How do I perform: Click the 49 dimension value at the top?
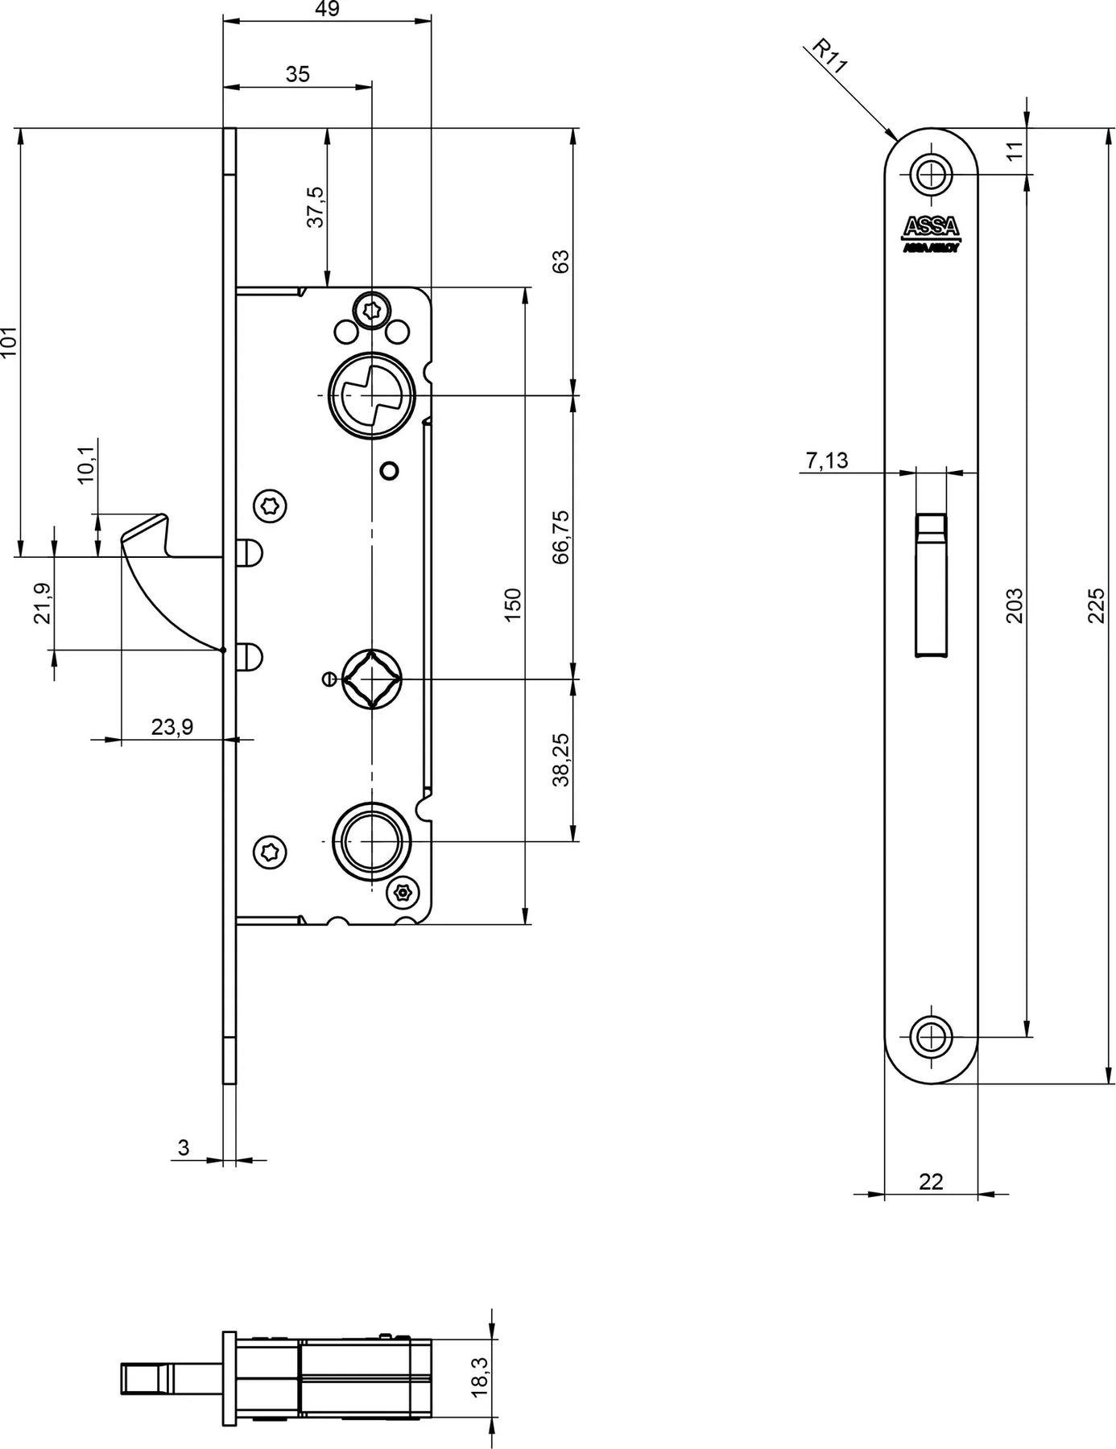click(x=328, y=9)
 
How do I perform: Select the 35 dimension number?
click(x=298, y=74)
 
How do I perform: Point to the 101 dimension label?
click(x=9, y=342)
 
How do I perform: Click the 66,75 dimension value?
click(x=561, y=537)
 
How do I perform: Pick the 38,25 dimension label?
click(x=561, y=759)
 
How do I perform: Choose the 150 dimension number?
click(x=513, y=604)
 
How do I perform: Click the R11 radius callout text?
click(x=830, y=57)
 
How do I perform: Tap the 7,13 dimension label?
click(x=826, y=460)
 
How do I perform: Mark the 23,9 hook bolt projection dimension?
click(x=172, y=727)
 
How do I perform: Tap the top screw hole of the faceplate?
click(x=932, y=173)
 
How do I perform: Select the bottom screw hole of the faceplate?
click(x=932, y=1036)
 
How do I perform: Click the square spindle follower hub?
click(x=371, y=680)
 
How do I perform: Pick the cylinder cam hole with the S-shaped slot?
click(x=370, y=395)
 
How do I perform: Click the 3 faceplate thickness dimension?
click(x=184, y=1147)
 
